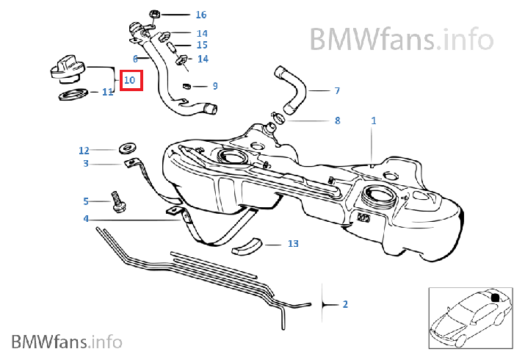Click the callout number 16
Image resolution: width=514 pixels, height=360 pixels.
point(201,15)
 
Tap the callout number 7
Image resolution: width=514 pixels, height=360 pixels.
point(337,90)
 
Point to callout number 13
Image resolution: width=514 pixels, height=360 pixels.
point(293,244)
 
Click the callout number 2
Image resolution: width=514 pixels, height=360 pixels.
point(345,304)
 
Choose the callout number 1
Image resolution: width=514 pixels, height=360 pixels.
point(373,120)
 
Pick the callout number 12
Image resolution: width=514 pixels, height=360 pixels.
point(84,151)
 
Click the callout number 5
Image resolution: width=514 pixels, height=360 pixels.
point(86,201)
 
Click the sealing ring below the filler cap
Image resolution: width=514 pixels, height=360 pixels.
point(73,95)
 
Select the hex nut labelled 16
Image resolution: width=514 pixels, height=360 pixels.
point(154,15)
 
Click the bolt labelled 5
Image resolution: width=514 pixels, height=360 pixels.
point(117,202)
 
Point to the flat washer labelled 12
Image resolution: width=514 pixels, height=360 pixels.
point(128,148)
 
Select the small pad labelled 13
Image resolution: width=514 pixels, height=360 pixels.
point(247,246)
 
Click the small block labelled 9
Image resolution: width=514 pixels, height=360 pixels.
point(187,86)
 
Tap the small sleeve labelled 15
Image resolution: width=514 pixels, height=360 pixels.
point(172,47)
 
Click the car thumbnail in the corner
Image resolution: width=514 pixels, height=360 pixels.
point(471,318)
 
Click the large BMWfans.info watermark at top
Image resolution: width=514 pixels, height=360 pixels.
point(402,39)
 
